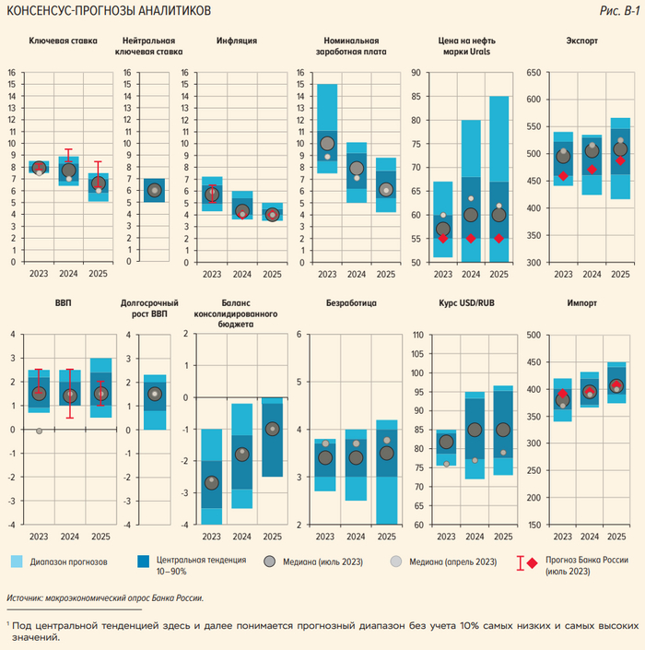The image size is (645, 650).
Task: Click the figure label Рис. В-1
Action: (x=617, y=10)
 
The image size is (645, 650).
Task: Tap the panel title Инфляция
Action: (x=236, y=41)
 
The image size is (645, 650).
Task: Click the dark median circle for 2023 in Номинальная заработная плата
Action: (x=328, y=143)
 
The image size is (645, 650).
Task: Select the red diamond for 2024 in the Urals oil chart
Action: (x=471, y=238)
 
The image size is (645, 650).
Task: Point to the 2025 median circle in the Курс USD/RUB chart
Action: (x=502, y=430)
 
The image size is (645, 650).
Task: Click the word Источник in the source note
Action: (x=25, y=597)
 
